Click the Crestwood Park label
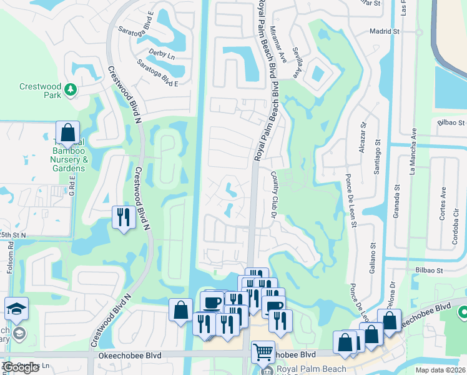coord(40,91)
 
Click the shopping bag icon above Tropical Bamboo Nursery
coord(68,133)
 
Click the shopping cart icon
coord(263,352)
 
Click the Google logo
coord(21,367)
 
